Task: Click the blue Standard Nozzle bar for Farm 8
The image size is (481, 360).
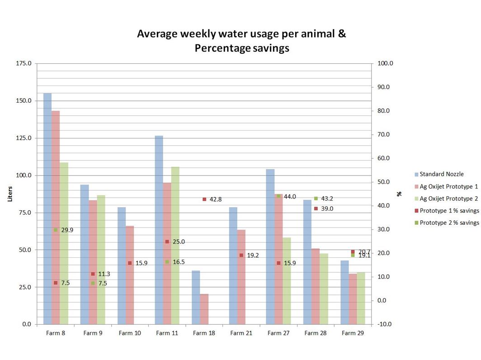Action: click(x=47, y=208)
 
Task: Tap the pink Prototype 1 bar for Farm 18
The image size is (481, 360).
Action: click(x=204, y=309)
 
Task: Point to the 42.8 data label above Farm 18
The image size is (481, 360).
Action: click(x=215, y=199)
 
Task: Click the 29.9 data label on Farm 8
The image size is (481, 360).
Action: click(x=67, y=230)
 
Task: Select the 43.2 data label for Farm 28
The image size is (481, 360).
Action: click(x=327, y=199)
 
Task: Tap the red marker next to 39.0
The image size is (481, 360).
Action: click(x=316, y=208)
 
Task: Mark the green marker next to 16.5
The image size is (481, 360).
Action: click(x=167, y=262)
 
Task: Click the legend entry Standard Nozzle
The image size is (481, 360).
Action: click(x=441, y=174)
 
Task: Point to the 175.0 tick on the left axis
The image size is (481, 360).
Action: click(x=24, y=64)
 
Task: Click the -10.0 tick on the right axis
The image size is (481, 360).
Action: click(x=385, y=324)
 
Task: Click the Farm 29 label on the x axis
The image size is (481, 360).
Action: click(x=353, y=333)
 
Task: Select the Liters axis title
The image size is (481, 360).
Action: click(x=10, y=193)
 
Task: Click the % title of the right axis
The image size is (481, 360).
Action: click(x=400, y=194)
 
